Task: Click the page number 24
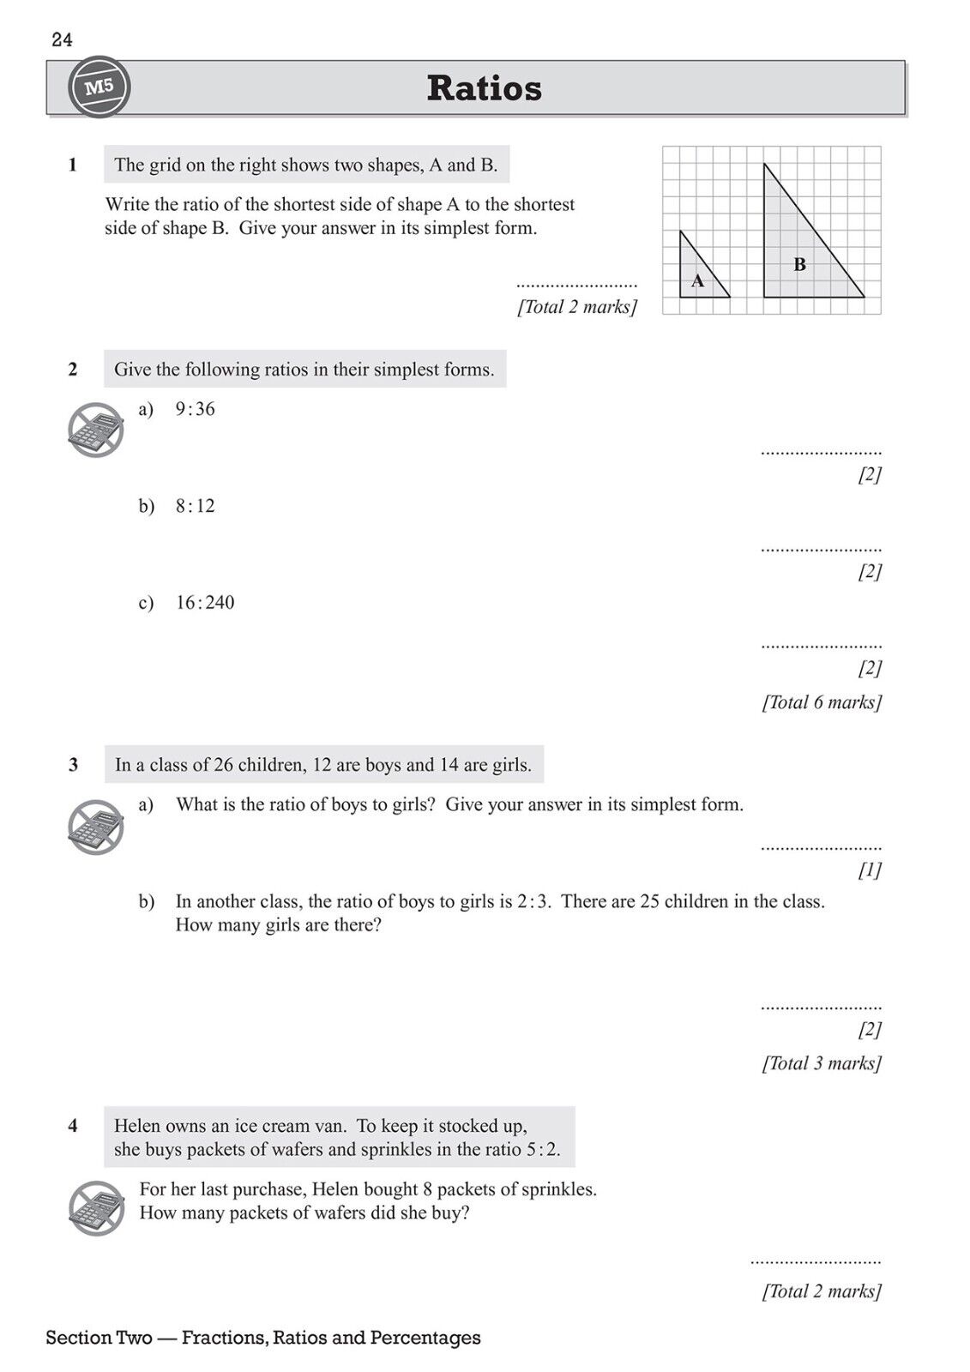[62, 39]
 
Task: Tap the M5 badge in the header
[99, 87]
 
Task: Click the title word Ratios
[484, 88]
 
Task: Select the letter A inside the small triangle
[697, 280]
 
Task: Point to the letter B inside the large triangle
[799, 265]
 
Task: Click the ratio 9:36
[196, 410]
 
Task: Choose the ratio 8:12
[196, 506]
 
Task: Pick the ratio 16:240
[205, 603]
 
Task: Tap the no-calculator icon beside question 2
[96, 430]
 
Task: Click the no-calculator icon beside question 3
[96, 827]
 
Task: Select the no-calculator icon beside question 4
[96, 1208]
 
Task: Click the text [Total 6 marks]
[822, 702]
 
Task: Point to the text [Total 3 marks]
[822, 1063]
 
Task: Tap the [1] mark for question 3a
[870, 870]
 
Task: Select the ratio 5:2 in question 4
[541, 1150]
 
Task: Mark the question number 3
[73, 765]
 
